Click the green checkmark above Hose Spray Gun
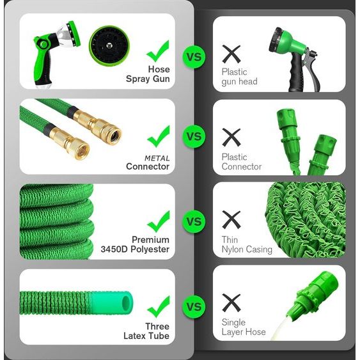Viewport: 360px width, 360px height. point(158,50)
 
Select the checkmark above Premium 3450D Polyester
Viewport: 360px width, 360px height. point(158,221)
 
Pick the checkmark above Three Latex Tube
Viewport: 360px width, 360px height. point(158,306)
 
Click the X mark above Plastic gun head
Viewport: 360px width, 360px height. point(231,53)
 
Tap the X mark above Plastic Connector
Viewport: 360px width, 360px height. point(231,136)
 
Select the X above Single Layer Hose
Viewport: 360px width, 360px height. point(231,302)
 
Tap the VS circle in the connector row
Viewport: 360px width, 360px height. point(193,136)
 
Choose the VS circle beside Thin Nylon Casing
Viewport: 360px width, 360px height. point(193,221)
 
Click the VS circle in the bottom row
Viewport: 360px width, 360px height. point(193,306)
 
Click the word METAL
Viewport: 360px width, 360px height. point(157,158)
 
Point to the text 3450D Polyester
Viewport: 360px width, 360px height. point(135,249)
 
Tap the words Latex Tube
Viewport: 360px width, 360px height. point(146,336)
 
